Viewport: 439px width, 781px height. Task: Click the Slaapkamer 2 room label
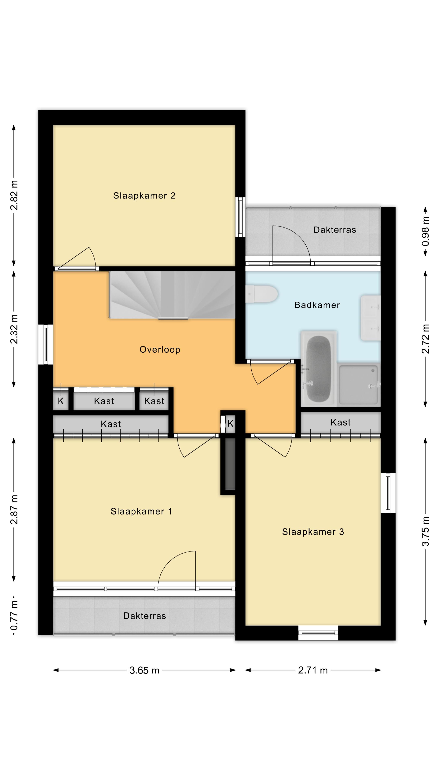[x=144, y=195]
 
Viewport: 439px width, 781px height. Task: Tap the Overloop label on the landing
[x=160, y=350]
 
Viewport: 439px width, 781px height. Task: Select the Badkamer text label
[x=317, y=305]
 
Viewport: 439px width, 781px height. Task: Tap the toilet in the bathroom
[x=262, y=294]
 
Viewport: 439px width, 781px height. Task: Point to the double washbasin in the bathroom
[x=370, y=318]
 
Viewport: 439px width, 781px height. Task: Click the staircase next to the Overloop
[x=172, y=295]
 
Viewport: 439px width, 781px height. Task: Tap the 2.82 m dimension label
[x=14, y=195]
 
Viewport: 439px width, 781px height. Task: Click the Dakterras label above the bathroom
[x=335, y=230]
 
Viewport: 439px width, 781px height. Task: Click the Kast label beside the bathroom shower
[x=341, y=422]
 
